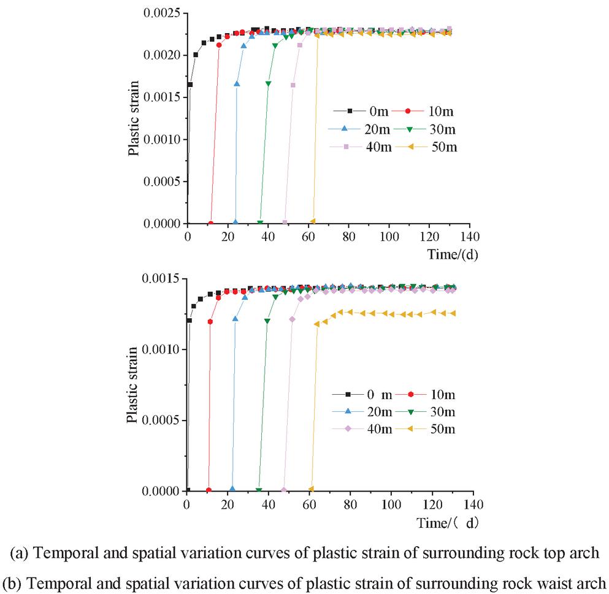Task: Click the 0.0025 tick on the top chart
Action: click(x=163, y=13)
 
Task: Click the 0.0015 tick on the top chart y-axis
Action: click(x=163, y=97)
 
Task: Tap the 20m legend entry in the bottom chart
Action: click(x=373, y=411)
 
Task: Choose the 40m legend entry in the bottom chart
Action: click(x=373, y=428)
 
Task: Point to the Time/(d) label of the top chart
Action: click(x=453, y=254)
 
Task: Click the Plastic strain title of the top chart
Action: click(x=133, y=118)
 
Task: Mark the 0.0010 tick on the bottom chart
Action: click(x=163, y=349)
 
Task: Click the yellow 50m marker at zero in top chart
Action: click(x=313, y=221)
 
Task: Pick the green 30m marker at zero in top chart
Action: click(x=260, y=222)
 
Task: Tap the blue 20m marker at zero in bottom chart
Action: click(x=232, y=489)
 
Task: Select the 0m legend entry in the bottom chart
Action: click(x=373, y=394)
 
